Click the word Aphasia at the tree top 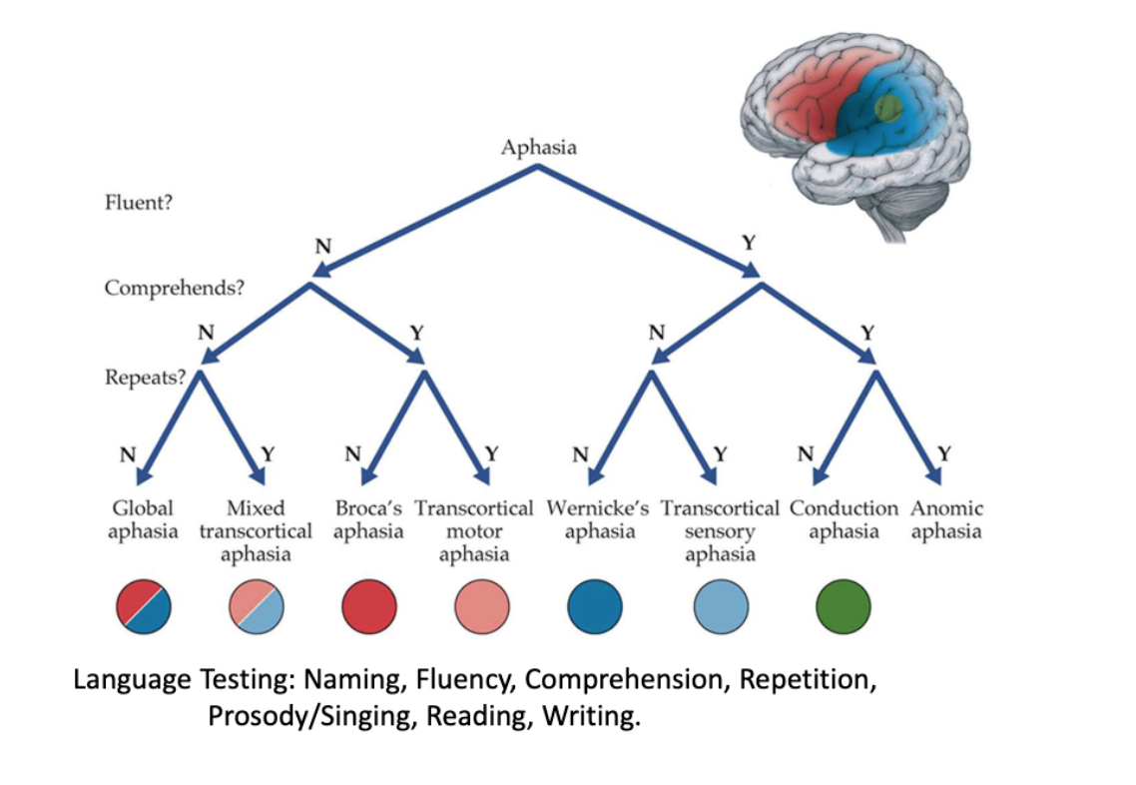(538, 148)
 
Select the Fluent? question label (139, 204)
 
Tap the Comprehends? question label (175, 288)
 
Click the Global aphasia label (143, 519)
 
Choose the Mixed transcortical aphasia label (256, 530)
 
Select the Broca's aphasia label (368, 519)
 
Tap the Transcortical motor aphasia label (474, 530)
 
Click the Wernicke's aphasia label (598, 519)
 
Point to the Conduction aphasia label (844, 519)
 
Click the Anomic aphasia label (946, 519)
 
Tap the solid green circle (844, 606)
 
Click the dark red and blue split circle (145, 606)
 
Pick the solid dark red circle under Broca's (369, 606)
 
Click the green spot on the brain (887, 107)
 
